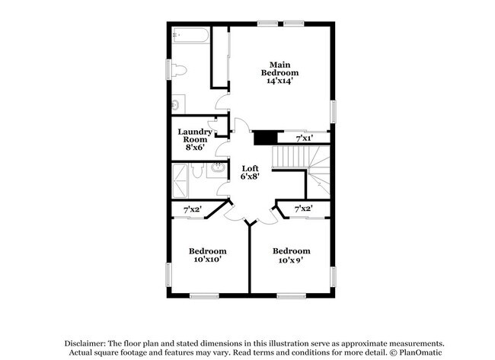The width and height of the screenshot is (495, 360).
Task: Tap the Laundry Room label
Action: (x=194, y=136)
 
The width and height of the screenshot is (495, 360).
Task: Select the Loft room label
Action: (x=251, y=168)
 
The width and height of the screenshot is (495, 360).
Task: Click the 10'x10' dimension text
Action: (x=207, y=260)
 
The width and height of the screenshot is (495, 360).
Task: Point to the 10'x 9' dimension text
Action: (x=291, y=260)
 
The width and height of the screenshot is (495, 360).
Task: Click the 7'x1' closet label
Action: (x=304, y=138)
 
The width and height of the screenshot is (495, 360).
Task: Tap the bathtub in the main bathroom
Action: (x=190, y=37)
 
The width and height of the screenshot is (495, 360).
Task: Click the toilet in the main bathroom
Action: (x=179, y=71)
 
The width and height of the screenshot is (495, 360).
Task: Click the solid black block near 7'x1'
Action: (x=263, y=138)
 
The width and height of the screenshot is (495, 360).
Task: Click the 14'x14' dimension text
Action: (x=279, y=82)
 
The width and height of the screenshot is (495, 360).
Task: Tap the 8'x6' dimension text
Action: (x=194, y=147)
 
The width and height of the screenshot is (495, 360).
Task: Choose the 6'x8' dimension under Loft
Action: (x=251, y=177)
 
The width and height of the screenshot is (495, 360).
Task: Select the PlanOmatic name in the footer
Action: (x=418, y=353)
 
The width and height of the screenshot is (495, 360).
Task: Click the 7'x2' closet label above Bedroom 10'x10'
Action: (x=192, y=209)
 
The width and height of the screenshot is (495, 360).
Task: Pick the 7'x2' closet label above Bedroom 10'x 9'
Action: (x=303, y=209)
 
